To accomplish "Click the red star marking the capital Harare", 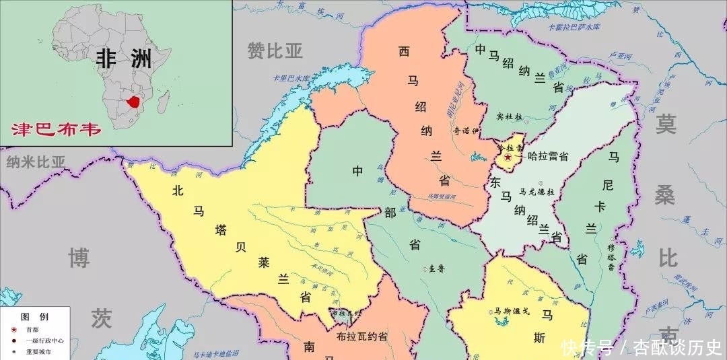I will click(x=508, y=157).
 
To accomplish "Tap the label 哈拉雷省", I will click(x=544, y=156).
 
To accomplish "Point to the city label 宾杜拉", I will click(x=510, y=116).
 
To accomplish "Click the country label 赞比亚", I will click(x=275, y=50).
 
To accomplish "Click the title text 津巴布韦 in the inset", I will click(x=57, y=129).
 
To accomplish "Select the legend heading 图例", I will click(x=34, y=316).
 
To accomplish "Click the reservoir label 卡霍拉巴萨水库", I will click(x=574, y=28).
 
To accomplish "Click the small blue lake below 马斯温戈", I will click(x=501, y=322).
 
